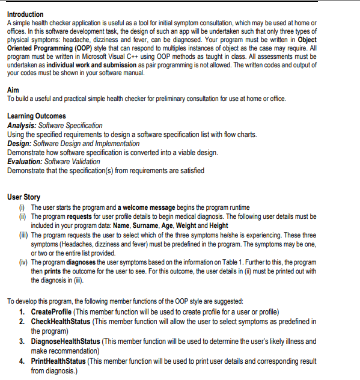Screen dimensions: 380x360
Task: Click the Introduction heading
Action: [x=25, y=14]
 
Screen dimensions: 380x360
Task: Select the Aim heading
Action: [x=13, y=90]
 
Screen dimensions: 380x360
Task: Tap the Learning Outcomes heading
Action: [x=36, y=116]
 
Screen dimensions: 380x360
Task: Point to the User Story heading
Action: [x=23, y=197]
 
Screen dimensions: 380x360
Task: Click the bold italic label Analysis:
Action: [x=22, y=125]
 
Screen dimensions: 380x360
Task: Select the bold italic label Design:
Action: [x=19, y=143]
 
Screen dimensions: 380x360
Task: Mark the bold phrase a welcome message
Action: [x=147, y=207]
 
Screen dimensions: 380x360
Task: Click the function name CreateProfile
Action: [x=51, y=312]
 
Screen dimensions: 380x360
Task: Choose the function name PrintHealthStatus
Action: [x=59, y=361]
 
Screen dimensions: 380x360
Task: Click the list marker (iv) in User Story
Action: [x=22, y=262]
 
